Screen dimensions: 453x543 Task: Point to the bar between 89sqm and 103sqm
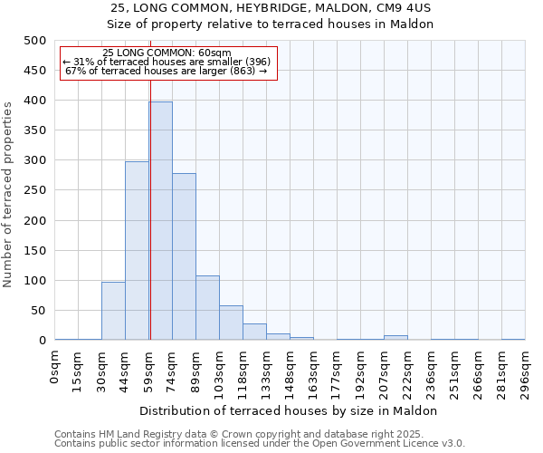(x=207, y=308)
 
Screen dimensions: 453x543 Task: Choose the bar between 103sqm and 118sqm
(x=231, y=323)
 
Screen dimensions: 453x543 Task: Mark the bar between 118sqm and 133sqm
(x=254, y=332)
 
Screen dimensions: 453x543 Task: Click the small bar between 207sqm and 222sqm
(x=395, y=338)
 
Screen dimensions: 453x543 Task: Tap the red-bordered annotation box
(x=167, y=63)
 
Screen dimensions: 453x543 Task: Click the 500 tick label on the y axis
(x=34, y=41)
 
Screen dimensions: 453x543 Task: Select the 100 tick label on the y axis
(x=34, y=281)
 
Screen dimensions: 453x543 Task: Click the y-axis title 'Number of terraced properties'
(x=8, y=194)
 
